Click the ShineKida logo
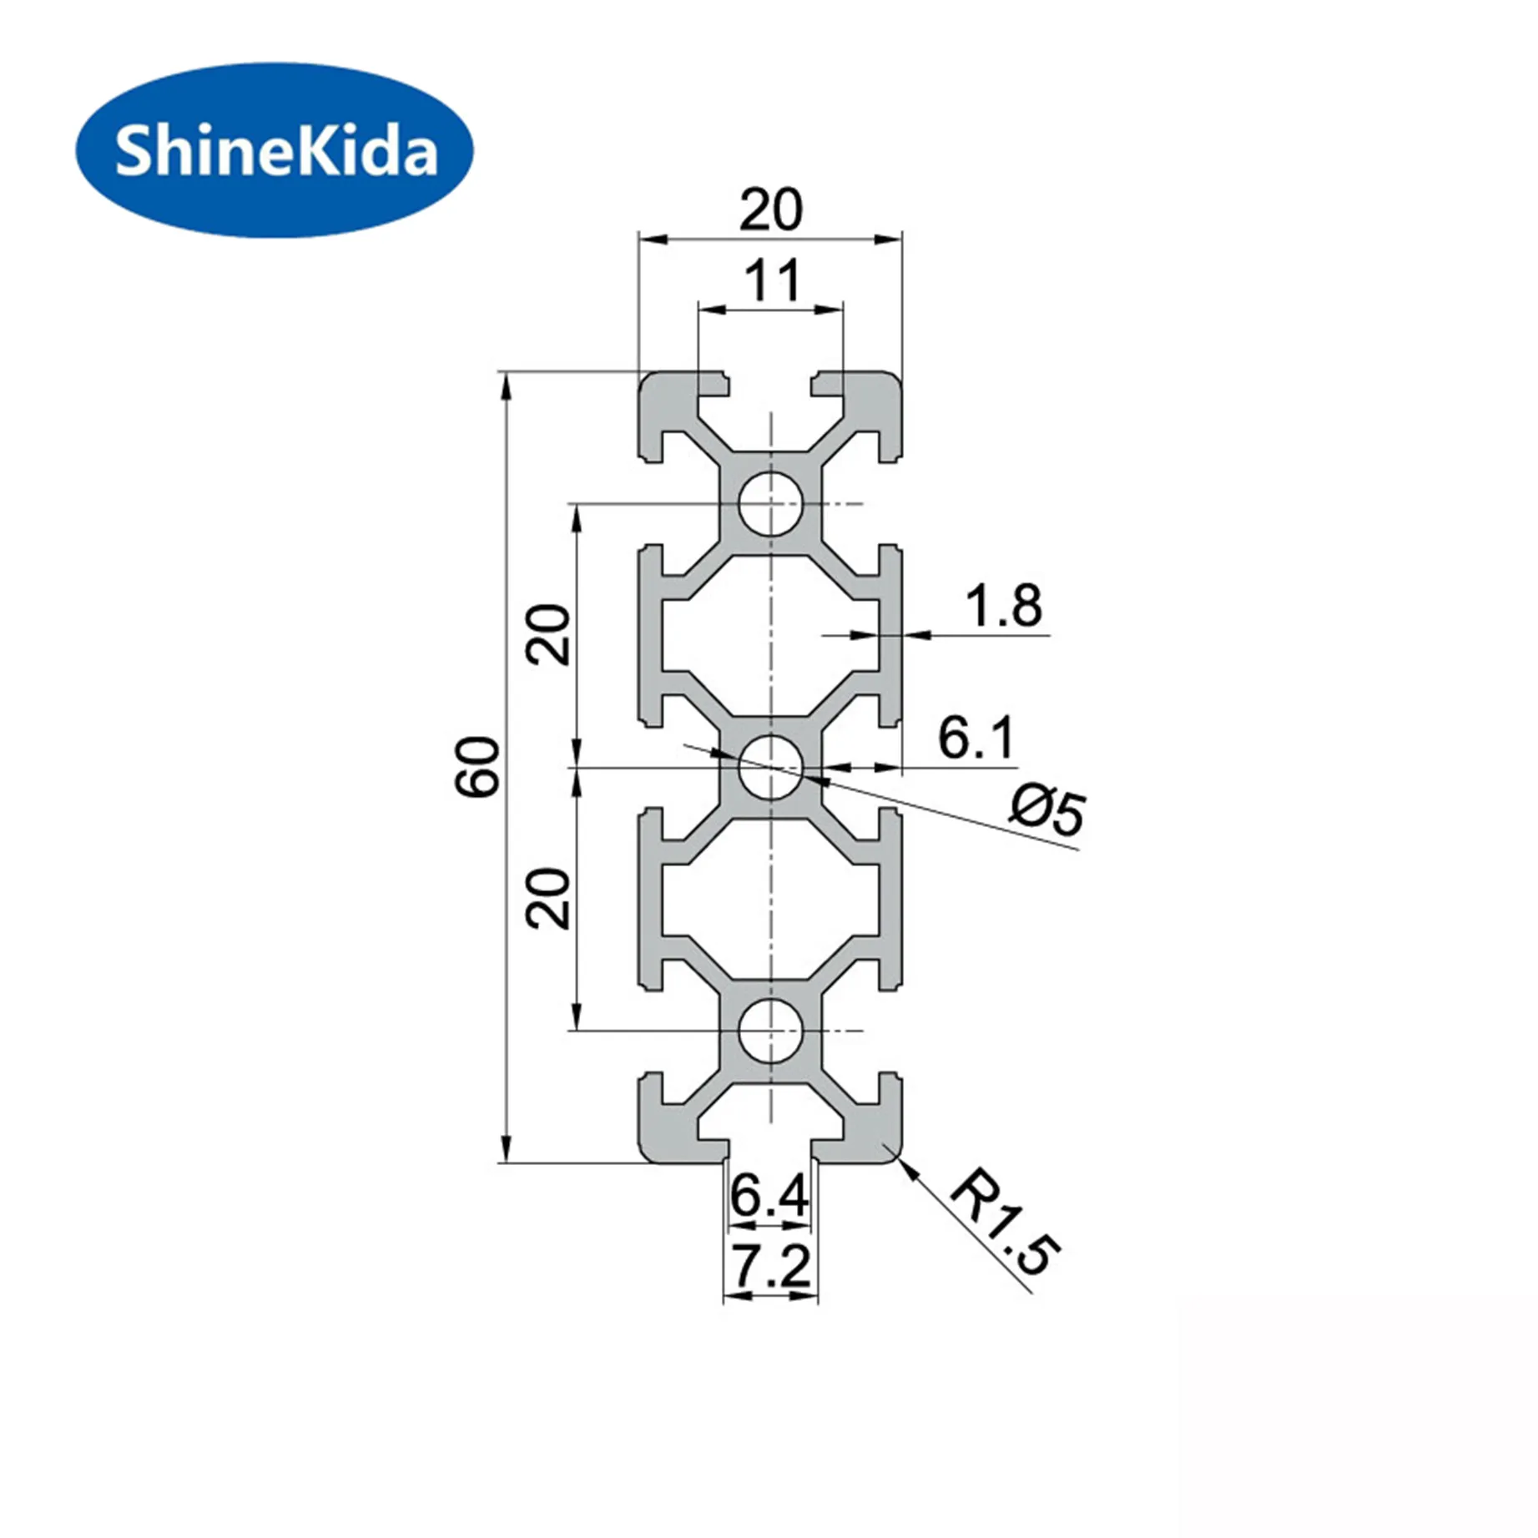[x=275, y=150]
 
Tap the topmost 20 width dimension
[x=770, y=209]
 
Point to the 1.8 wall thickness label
[x=1003, y=606]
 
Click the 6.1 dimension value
[x=976, y=738]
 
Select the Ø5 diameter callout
[x=1048, y=809]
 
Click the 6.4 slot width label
[x=769, y=1196]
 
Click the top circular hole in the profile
[x=770, y=503]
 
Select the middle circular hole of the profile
[x=770, y=766]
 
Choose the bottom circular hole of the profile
[x=770, y=1031]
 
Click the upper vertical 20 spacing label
[x=549, y=634]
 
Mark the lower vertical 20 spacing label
[x=549, y=899]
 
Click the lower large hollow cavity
[x=770, y=899]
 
